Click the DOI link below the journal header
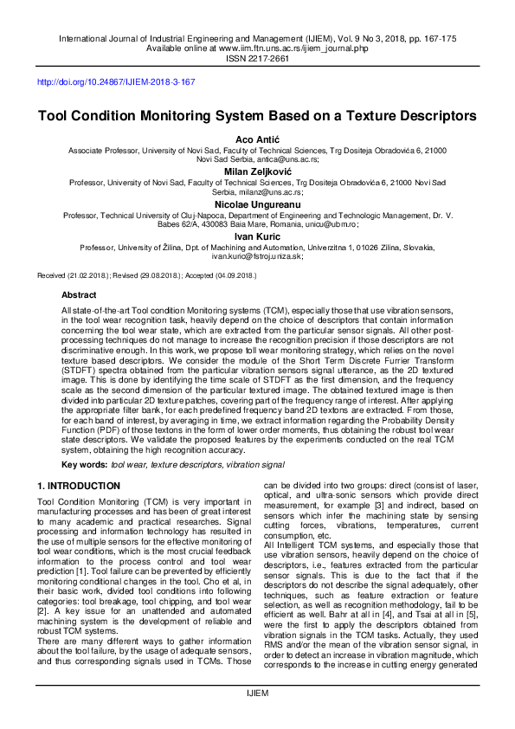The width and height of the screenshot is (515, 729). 116,82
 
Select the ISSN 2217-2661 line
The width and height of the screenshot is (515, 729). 257,59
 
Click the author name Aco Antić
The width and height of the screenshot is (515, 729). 257,139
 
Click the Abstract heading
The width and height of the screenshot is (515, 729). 79,295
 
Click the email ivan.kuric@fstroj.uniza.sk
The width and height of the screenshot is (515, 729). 257,256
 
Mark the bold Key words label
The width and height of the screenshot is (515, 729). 84,465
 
